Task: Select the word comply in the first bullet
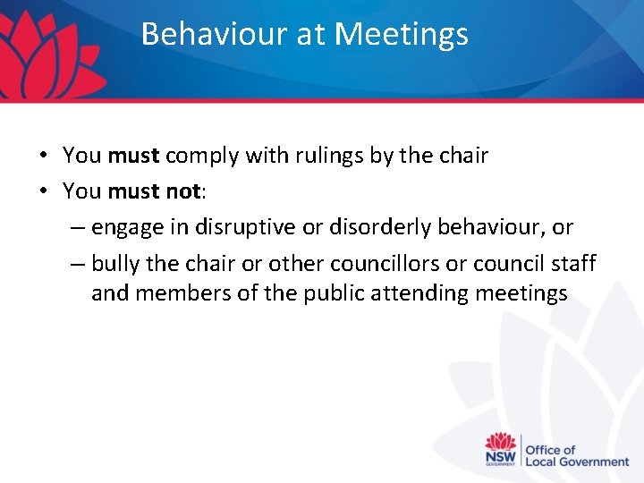pyautogui.click(x=202, y=156)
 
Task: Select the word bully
pyautogui.click(x=114, y=264)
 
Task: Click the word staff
pyautogui.click(x=570, y=264)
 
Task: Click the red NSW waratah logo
pyautogui.click(x=501, y=448)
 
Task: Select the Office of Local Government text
pyautogui.click(x=577, y=455)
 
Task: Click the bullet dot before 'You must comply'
pyautogui.click(x=43, y=156)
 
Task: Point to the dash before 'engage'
pyautogui.click(x=77, y=228)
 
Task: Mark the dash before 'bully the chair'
pyautogui.click(x=77, y=265)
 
